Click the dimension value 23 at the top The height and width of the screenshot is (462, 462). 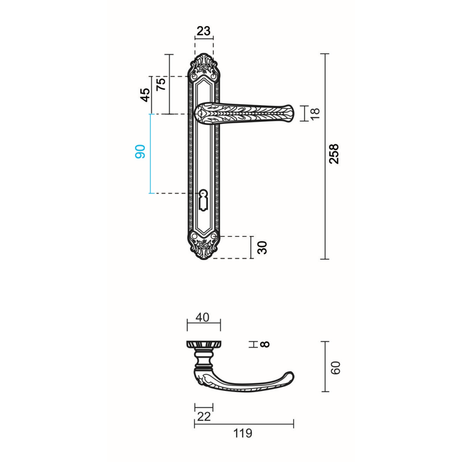pos(204,31)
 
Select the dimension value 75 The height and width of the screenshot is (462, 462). pos(161,84)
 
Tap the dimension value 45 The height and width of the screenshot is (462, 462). pos(145,95)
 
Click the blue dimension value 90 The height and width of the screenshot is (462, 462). pos(140,152)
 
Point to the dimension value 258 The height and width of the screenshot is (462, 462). pos(334,154)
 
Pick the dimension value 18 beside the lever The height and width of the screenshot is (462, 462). pos(315,113)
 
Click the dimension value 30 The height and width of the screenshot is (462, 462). pos(263,247)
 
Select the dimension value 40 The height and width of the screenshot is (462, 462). pos(202,317)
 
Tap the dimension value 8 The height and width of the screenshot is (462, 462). pos(265,344)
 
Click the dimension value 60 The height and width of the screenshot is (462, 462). pos(336,367)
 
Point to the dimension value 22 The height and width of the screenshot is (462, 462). pos(204,416)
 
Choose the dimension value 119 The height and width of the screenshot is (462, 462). pos(243,433)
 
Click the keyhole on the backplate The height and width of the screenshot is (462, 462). pos(203,199)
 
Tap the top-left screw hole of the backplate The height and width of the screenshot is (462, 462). pos(194,77)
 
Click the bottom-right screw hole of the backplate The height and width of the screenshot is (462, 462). pos(214,236)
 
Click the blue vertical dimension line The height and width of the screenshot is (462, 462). pos(150,154)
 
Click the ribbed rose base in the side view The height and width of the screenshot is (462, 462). pos(204,344)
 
